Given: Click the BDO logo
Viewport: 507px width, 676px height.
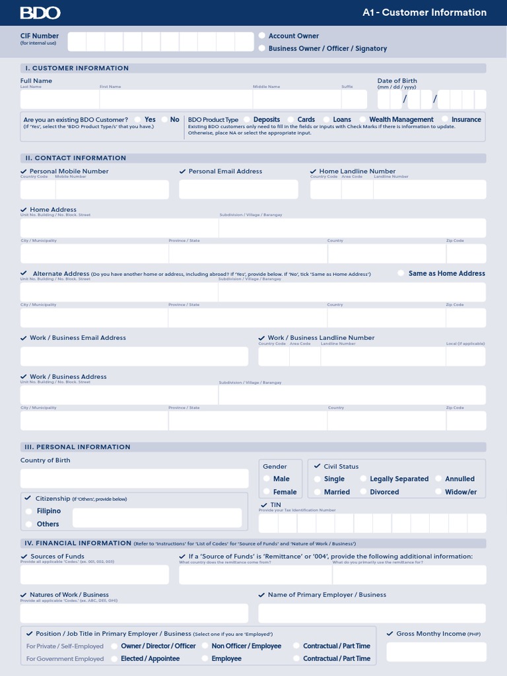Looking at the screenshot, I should click(40, 13).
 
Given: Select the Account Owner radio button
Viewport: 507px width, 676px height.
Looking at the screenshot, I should click(262, 36).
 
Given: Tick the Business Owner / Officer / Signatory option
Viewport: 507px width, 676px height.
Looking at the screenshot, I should click(262, 48).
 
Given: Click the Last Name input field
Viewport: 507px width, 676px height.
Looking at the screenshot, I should click(59, 100).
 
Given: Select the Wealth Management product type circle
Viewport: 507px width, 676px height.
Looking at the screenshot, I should click(362, 119).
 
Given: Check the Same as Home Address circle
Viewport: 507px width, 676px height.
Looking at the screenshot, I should click(401, 273).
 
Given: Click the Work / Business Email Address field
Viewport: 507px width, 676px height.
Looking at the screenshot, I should click(134, 356).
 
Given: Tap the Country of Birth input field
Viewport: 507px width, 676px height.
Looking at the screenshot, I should click(134, 479).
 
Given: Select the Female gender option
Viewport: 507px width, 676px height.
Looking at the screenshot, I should click(267, 492).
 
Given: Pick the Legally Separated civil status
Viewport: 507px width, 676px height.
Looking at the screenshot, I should click(363, 479).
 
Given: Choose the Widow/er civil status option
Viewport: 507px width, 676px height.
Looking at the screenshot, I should click(438, 492).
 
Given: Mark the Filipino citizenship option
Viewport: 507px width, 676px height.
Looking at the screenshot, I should click(29, 511).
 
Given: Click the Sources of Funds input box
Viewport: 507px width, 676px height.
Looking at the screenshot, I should click(94, 574).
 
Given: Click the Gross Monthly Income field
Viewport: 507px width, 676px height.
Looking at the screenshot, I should click(436, 652).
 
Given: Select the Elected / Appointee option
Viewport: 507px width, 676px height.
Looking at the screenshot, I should click(115, 659).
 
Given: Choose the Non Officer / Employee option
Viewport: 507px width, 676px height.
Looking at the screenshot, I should click(205, 646).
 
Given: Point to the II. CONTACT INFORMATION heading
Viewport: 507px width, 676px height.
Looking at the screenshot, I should click(75, 158).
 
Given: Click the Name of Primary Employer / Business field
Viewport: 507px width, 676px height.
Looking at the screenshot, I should click(372, 613).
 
